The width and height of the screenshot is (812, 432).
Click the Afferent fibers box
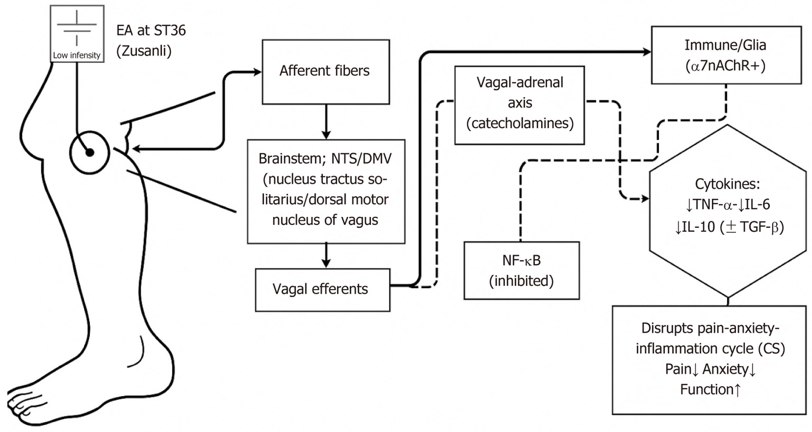[x=325, y=72]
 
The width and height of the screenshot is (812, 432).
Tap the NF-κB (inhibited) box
[x=521, y=271]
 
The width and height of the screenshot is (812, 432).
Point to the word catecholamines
[x=520, y=123]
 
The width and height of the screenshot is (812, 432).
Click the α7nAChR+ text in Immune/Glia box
[x=725, y=66]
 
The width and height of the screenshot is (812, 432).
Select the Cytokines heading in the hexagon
[x=727, y=184]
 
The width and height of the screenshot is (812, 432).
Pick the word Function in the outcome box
[x=706, y=389]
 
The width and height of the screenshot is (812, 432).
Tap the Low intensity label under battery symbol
[x=77, y=55]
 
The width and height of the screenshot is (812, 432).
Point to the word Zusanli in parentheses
[x=144, y=51]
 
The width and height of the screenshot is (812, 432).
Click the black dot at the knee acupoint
[x=90, y=152]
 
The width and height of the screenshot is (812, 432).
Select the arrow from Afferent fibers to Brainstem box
[x=326, y=122]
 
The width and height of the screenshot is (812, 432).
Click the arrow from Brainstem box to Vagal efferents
[x=326, y=255]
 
